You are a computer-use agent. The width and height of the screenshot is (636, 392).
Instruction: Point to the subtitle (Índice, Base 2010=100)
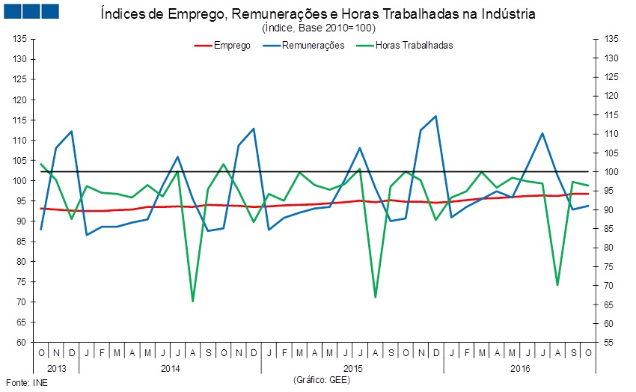pos(319,28)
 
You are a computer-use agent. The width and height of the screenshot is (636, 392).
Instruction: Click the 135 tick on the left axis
pos(20,39)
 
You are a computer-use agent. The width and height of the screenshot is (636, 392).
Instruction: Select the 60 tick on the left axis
pos(22,343)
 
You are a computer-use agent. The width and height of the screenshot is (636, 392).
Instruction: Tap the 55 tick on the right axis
pos(611,343)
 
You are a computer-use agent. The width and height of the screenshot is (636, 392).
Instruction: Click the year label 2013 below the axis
pos(56,367)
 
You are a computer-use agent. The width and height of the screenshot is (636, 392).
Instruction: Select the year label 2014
pos(170,367)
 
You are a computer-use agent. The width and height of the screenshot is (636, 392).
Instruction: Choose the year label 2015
pos(352,367)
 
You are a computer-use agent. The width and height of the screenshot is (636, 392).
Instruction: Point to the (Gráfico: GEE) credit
pos(322,380)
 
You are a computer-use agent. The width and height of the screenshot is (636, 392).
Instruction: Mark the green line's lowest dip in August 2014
pos(193,301)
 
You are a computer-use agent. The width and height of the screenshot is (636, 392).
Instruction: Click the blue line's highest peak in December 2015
pos(436,116)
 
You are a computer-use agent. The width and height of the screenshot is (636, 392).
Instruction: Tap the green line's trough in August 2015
pos(375,298)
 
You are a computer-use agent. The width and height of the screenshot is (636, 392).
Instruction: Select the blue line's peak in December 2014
pos(254,129)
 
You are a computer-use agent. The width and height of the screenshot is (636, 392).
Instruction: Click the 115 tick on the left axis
pos(20,120)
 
